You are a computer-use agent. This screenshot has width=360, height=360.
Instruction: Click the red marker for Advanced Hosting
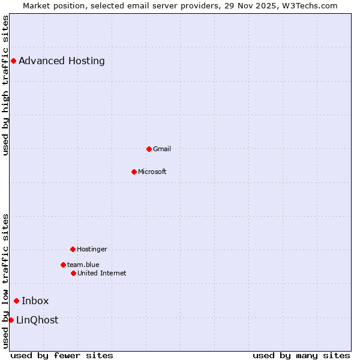pyautogui.click(x=13, y=61)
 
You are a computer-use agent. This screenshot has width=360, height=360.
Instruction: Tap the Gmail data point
pyautogui.click(x=149, y=149)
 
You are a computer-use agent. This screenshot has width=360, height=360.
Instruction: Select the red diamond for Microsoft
pyautogui.click(x=134, y=172)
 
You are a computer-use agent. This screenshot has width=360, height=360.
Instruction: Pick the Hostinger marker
pyautogui.click(x=73, y=249)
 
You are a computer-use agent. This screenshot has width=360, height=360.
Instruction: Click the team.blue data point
pyautogui.click(x=63, y=265)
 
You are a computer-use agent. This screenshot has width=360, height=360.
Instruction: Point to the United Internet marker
pyautogui.click(x=73, y=273)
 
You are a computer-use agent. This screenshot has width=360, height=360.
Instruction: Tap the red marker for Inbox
pyautogui.click(x=16, y=301)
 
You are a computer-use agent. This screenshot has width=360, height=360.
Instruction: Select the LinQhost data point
pyautogui.click(x=11, y=320)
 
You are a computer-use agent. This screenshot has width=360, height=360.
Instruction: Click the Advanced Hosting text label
pyautogui.click(x=62, y=61)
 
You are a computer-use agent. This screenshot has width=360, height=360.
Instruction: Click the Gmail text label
pyautogui.click(x=162, y=149)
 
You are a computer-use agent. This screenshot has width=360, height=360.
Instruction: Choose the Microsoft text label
pyautogui.click(x=152, y=172)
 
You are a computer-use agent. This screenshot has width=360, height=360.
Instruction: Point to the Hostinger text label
pyautogui.click(x=92, y=249)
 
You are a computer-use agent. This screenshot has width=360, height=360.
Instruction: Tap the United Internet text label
pyautogui.click(x=102, y=273)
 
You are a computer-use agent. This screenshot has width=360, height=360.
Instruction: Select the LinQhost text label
pyautogui.click(x=37, y=320)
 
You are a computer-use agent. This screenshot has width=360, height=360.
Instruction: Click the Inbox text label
pyautogui.click(x=35, y=301)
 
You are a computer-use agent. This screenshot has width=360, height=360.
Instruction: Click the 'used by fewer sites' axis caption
pyautogui.click(x=62, y=355)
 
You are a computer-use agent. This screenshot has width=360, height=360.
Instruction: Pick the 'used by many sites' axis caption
pyautogui.click(x=301, y=355)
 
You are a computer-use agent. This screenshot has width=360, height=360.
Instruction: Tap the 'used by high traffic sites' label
pyautogui.click(x=5, y=86)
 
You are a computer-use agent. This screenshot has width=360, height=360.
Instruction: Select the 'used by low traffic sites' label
pyautogui.click(x=5, y=281)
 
